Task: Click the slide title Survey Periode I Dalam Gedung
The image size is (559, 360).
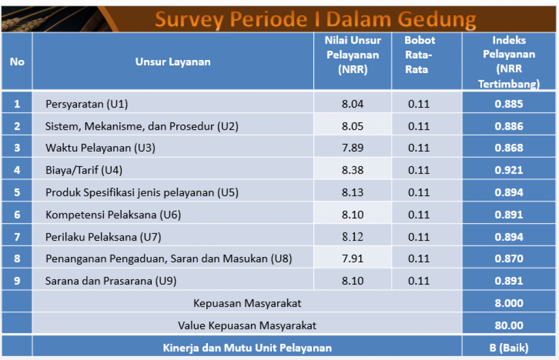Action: click(x=315, y=19)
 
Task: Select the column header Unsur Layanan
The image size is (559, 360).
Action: click(x=173, y=62)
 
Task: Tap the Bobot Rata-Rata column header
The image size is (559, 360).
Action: click(x=419, y=55)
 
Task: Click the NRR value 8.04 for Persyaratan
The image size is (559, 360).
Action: click(x=352, y=104)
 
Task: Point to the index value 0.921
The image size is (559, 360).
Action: click(x=509, y=170)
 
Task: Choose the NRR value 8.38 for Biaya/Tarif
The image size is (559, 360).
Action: click(x=352, y=170)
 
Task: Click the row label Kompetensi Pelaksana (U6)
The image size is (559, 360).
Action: click(x=113, y=215)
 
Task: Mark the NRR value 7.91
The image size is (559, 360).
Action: click(x=352, y=259)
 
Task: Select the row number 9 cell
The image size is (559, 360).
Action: click(x=17, y=281)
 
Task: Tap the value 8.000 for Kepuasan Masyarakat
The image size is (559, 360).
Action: click(x=509, y=303)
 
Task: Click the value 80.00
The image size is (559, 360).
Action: click(x=509, y=326)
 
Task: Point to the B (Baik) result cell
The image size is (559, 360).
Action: click(x=509, y=347)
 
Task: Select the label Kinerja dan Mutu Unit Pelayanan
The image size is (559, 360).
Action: click(x=247, y=347)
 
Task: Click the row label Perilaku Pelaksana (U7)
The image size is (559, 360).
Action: click(x=103, y=237)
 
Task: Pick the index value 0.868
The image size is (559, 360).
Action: click(x=509, y=148)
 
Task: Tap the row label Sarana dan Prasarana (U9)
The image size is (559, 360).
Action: click(x=111, y=281)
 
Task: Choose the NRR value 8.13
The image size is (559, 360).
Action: click(x=352, y=193)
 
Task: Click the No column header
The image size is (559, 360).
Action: click(x=17, y=62)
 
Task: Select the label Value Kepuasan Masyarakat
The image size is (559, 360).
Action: click(x=247, y=326)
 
